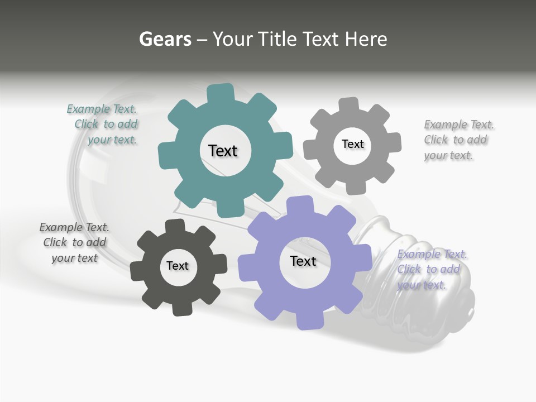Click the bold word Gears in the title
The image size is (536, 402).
(x=165, y=39)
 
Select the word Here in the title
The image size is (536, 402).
(x=366, y=39)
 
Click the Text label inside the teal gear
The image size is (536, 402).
(x=223, y=151)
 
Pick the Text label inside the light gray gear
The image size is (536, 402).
(x=352, y=144)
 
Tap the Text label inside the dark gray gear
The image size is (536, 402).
(x=178, y=266)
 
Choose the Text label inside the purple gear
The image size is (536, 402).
(x=303, y=261)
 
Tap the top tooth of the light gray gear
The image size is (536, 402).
(x=349, y=104)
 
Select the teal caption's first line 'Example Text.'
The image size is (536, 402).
(x=102, y=109)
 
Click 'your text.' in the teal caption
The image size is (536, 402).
(x=112, y=140)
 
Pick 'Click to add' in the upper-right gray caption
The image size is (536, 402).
(x=455, y=140)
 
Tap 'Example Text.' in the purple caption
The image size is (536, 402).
(x=432, y=254)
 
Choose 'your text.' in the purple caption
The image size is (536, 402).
(x=421, y=285)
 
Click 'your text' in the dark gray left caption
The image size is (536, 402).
(x=74, y=258)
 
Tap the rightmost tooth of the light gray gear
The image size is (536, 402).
(x=394, y=142)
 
